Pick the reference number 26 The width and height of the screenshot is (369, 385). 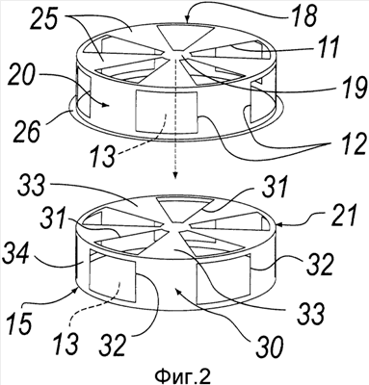[26, 131]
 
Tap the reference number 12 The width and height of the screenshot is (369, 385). [351, 143]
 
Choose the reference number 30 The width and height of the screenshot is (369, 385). [270, 346]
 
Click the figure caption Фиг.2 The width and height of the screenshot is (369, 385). [183, 375]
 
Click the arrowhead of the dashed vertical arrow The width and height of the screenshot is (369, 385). [175, 175]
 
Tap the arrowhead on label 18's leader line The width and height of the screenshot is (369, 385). [189, 18]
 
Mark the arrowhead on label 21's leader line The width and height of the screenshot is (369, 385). [277, 225]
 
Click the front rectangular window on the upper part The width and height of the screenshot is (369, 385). [167, 112]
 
